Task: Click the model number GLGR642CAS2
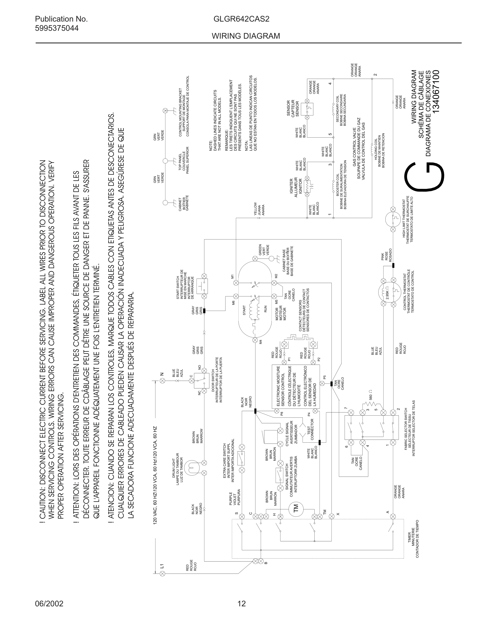pyautogui.click(x=241, y=19)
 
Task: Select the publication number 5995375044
pyautogui.click(x=57, y=28)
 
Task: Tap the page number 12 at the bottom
pyautogui.click(x=241, y=603)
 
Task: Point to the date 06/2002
pyautogui.click(x=49, y=603)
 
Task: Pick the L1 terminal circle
pyautogui.click(x=162, y=573)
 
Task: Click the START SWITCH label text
pyautogui.click(x=178, y=288)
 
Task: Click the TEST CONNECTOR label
pyautogui.click(x=310, y=429)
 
